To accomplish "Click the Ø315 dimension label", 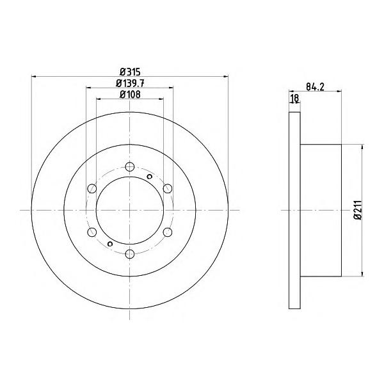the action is tap(130, 72).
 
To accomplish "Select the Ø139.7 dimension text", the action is tap(130, 83).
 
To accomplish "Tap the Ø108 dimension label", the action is tap(130, 94).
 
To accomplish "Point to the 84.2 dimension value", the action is tap(315, 86).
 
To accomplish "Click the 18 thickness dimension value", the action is tap(294, 98).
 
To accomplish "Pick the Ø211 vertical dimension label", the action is tap(358, 210).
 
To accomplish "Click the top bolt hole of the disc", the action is tap(130, 167).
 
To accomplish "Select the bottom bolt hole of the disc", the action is tap(130, 253).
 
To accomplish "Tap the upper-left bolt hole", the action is tap(92, 188).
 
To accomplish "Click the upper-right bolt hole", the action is tap(168, 188).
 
